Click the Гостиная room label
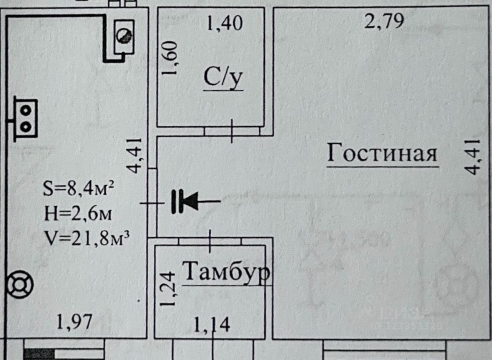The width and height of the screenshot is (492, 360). tap(382, 154)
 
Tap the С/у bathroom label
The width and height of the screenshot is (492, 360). tap(223, 78)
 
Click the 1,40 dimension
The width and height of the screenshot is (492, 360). tap(225, 24)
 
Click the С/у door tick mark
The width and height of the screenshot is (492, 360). tap(231, 131)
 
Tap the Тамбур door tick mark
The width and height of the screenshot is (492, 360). tap(210, 241)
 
